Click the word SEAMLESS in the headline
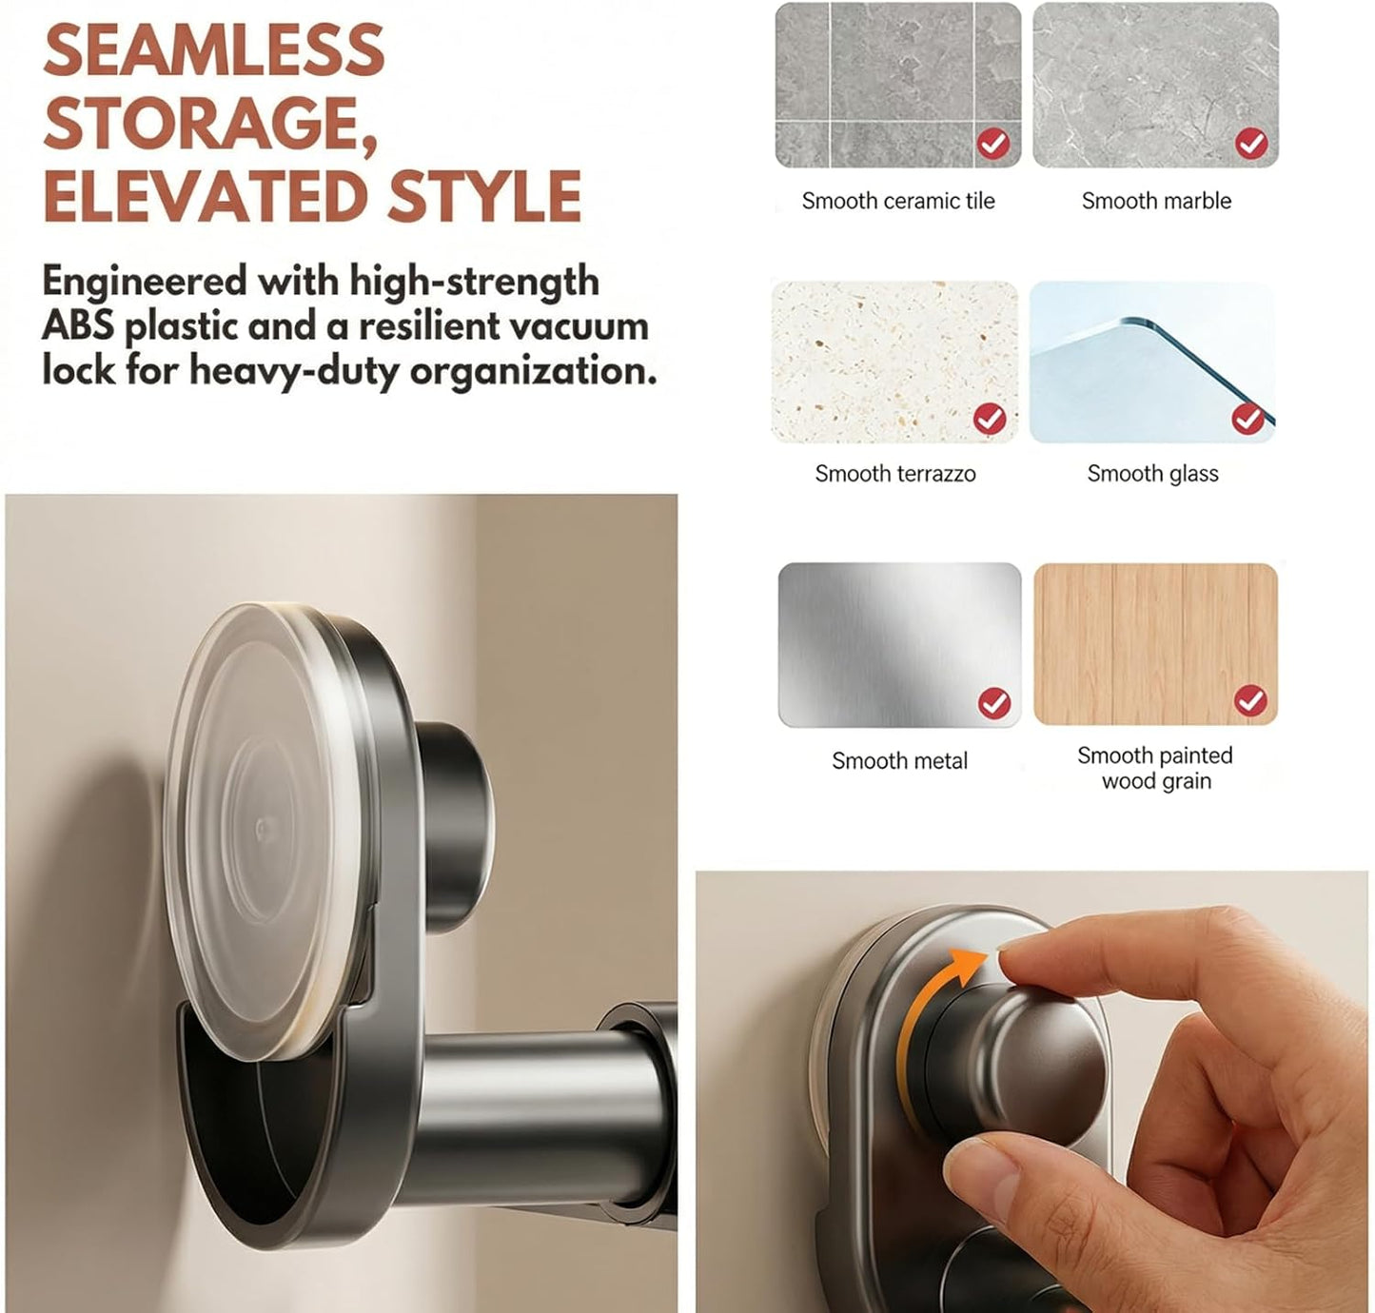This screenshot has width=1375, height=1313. click(x=214, y=50)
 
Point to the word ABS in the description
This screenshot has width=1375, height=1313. click(x=78, y=325)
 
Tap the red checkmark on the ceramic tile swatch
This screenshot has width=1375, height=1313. click(x=993, y=145)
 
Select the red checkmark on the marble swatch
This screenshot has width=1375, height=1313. click(x=1251, y=145)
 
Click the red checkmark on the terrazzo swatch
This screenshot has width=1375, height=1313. click(x=990, y=419)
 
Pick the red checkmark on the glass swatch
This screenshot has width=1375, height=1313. click(x=1247, y=419)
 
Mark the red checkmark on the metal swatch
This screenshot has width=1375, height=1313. click(x=994, y=702)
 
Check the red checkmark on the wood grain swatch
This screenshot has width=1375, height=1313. click(x=1250, y=700)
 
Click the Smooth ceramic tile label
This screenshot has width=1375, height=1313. click(x=898, y=202)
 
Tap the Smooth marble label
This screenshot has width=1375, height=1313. click(x=1156, y=202)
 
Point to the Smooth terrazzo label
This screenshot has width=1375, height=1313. click(x=895, y=474)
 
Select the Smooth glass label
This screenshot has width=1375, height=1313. click(x=1152, y=474)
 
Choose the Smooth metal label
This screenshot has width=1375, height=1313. click(x=899, y=761)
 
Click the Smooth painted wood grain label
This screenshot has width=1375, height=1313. click(x=1155, y=768)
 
